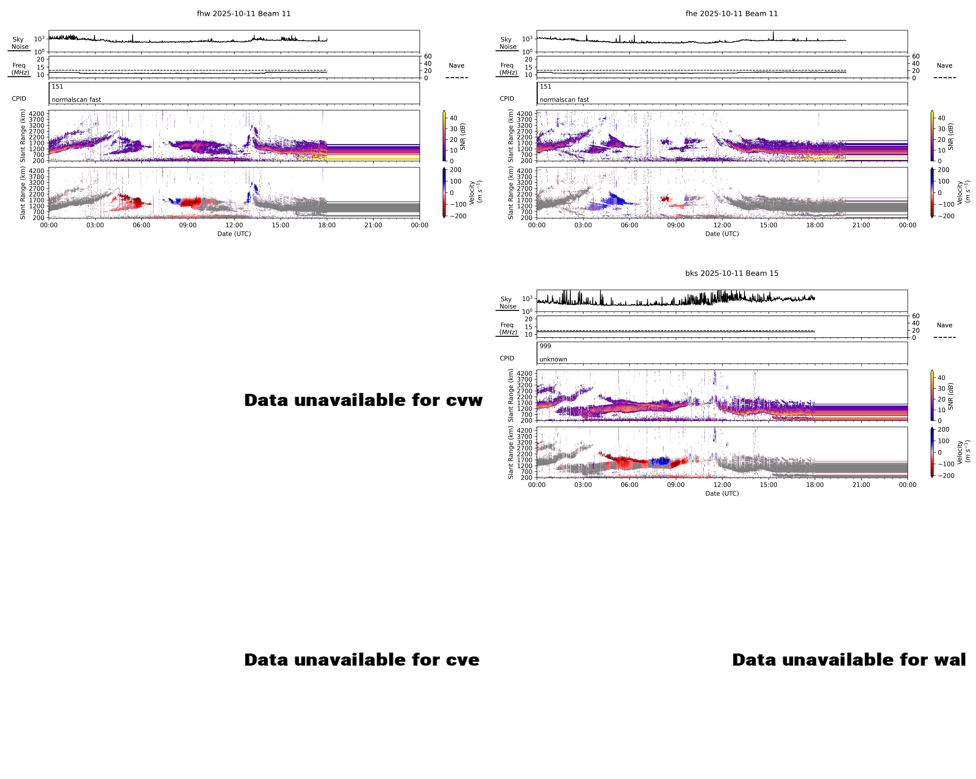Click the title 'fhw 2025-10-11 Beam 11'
click(x=244, y=14)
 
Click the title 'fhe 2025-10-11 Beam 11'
click(x=732, y=14)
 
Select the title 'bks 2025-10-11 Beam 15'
click(x=732, y=273)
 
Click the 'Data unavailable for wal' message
click(x=849, y=660)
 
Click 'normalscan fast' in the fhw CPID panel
click(x=76, y=100)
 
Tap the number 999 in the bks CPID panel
click(x=545, y=346)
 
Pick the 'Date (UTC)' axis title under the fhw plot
click(x=234, y=234)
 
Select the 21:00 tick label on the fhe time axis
click(x=861, y=225)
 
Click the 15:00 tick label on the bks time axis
click(x=768, y=485)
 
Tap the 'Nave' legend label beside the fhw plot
click(x=456, y=66)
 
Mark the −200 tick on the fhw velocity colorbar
click(x=458, y=216)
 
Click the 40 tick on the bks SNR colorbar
click(x=941, y=378)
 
